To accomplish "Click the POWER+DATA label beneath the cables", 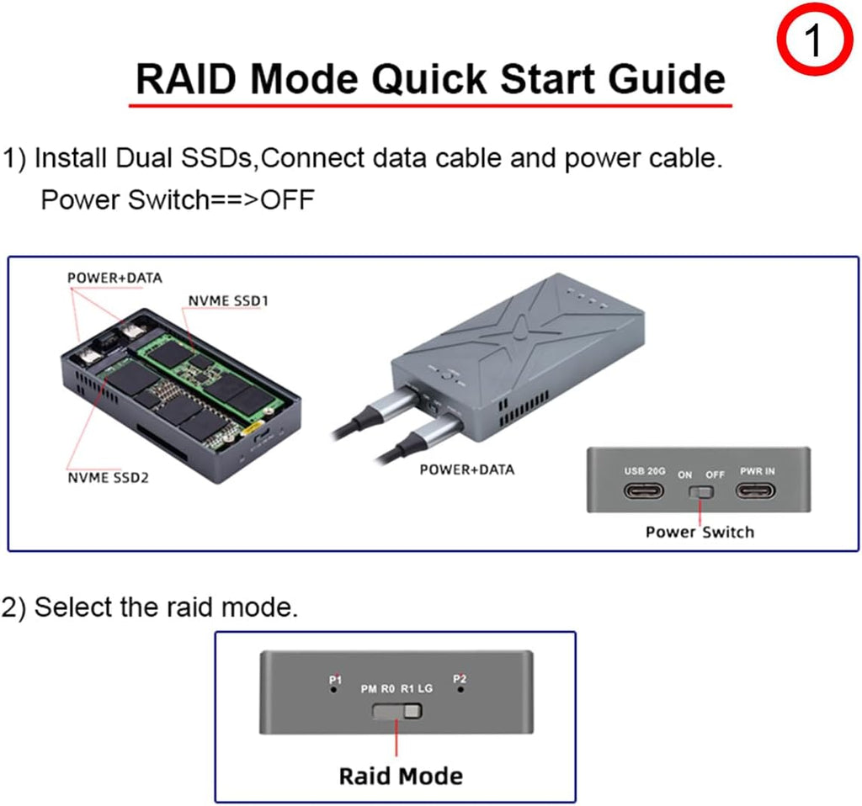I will click(x=466, y=469).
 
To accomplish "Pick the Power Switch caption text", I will click(x=700, y=532).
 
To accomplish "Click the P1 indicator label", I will click(x=336, y=679).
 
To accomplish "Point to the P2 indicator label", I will click(x=460, y=679).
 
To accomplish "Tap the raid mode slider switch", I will click(x=396, y=713).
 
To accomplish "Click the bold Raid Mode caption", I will click(x=400, y=775).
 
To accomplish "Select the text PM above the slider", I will click(x=370, y=689).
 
